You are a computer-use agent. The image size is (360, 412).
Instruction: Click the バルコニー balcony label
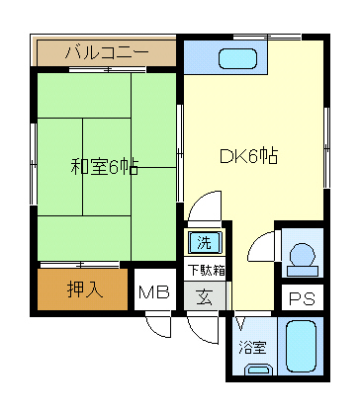(x=106, y=51)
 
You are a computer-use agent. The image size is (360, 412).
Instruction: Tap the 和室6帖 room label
(x=104, y=166)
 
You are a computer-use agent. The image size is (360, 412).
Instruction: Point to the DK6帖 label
(x=248, y=155)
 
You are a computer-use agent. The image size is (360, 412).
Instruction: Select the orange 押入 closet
(x=83, y=290)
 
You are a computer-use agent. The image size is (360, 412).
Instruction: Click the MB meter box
(x=153, y=291)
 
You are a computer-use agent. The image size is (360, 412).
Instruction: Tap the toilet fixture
(x=299, y=253)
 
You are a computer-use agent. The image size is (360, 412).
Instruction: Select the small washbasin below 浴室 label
(x=258, y=371)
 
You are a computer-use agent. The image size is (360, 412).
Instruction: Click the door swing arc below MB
(x=157, y=327)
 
